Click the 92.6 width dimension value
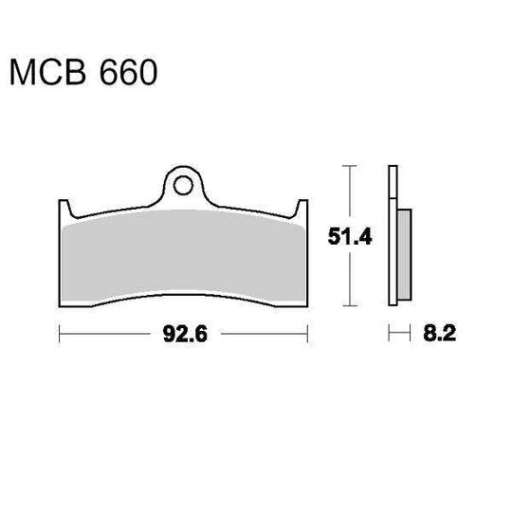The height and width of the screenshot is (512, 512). (183, 334)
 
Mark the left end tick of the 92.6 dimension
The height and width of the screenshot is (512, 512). (60, 334)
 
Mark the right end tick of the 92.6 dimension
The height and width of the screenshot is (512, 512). (308, 334)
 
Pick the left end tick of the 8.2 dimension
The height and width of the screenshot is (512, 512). (389, 334)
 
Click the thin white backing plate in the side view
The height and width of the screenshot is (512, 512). (392, 237)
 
